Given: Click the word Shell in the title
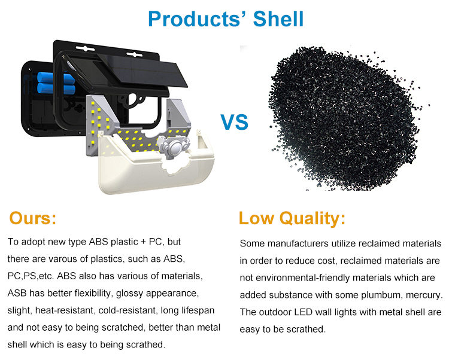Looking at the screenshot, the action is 278,19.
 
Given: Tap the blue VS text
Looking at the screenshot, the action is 234,122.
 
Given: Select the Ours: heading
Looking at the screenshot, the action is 33,218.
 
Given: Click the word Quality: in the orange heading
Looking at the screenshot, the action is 313,219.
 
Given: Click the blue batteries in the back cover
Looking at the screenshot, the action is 56,83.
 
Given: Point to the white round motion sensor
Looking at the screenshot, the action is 174,148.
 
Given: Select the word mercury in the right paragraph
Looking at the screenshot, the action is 424,295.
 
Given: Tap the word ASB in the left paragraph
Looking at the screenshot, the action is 17,293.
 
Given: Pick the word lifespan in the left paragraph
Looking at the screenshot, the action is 198,310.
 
